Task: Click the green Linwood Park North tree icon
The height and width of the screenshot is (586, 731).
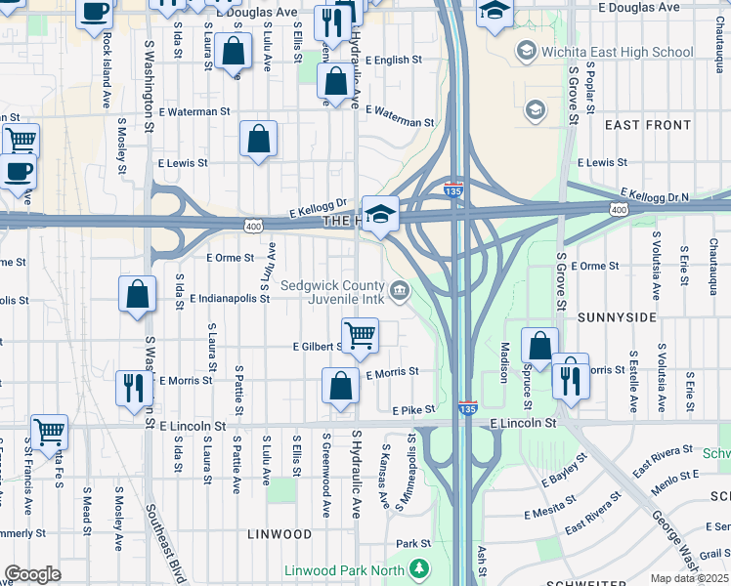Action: pyautogui.click(x=419, y=568)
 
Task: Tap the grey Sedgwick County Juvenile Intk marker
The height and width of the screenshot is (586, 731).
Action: pyautogui.click(x=400, y=290)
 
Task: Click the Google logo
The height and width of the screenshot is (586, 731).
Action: pyautogui.click(x=32, y=574)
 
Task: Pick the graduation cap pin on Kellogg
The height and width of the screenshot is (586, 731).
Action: pyautogui.click(x=380, y=213)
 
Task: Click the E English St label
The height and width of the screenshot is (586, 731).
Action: pyautogui.click(x=393, y=60)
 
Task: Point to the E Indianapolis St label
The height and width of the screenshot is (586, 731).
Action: pyautogui.click(x=230, y=298)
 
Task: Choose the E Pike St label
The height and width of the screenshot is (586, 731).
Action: pyautogui.click(x=411, y=411)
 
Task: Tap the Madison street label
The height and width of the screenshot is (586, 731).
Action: pyautogui.click(x=505, y=361)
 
